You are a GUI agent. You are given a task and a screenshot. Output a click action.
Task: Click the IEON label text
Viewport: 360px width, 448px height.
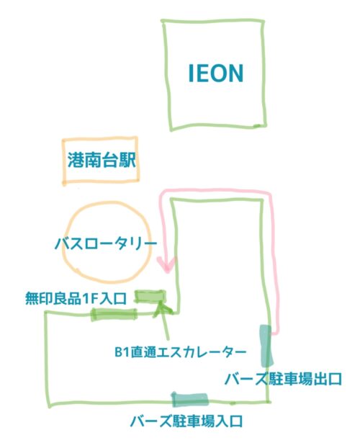[x=216, y=73]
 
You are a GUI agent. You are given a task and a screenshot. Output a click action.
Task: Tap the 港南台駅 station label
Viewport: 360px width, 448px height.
[x=102, y=160]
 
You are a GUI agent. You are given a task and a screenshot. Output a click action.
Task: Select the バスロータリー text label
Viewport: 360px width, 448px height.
[x=106, y=244]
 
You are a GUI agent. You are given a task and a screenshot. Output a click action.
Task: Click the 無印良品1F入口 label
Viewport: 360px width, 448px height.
[x=76, y=299]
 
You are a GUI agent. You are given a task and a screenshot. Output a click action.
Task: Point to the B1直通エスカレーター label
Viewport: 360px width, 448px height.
[x=180, y=351]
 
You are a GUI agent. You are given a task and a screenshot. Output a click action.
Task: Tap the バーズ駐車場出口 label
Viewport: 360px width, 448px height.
[x=283, y=379]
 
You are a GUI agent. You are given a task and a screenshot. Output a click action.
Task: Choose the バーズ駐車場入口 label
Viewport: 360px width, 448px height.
[x=186, y=421]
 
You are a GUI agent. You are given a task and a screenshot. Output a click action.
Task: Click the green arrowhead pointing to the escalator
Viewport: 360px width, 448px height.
[x=162, y=308]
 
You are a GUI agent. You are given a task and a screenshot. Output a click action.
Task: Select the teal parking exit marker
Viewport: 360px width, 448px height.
[x=266, y=346]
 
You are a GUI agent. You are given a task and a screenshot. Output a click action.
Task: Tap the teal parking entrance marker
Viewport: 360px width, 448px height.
[x=189, y=399]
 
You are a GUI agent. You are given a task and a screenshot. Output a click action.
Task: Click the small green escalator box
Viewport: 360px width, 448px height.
[x=150, y=296]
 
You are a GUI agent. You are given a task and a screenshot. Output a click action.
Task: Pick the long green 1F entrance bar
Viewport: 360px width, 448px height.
[x=114, y=315]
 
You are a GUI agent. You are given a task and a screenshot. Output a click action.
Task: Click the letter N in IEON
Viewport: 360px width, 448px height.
[x=234, y=73]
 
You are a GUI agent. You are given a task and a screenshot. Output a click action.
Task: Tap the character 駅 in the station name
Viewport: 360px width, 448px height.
[x=127, y=160]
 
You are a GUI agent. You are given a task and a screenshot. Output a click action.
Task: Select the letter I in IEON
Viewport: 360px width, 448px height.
[x=191, y=73]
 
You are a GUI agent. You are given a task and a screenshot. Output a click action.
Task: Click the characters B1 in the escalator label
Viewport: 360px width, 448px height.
[x=121, y=352]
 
